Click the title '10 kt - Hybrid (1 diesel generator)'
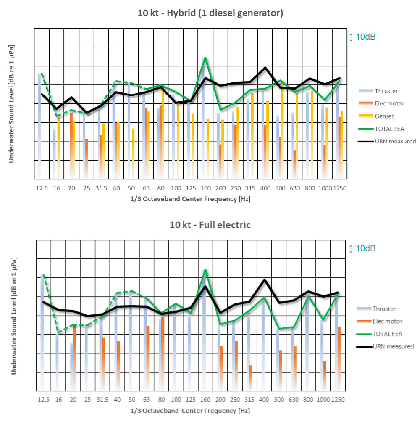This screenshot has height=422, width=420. tap(210, 13)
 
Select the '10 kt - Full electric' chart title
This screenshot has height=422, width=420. tap(210, 225)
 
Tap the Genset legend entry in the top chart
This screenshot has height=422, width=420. tap(384, 116)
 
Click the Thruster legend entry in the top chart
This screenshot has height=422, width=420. tap(386, 91)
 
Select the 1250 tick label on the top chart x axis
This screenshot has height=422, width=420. tap(340, 188)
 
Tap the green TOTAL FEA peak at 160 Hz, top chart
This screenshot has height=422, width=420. tap(205, 58)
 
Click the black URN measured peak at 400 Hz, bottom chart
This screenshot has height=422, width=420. tap(265, 280)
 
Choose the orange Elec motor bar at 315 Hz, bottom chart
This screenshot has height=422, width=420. tap(251, 377)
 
